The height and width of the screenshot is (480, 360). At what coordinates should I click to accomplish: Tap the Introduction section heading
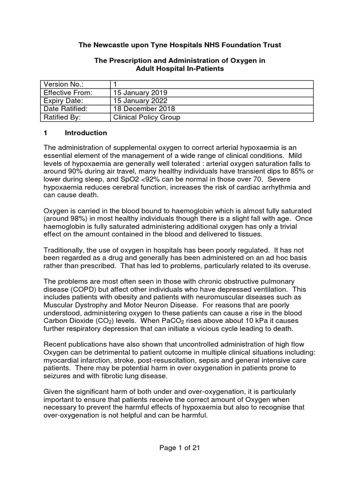tap(86, 133)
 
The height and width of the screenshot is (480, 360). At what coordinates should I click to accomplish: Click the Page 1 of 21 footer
tap(180, 448)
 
